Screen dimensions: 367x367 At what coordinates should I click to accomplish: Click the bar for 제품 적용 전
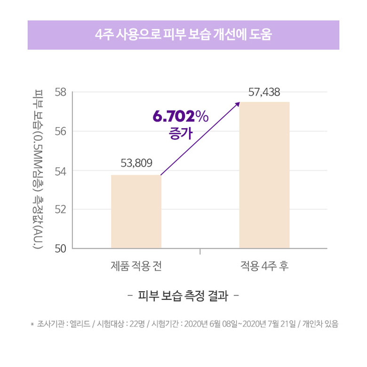136,211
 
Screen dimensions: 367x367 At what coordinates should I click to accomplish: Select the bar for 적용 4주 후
264,174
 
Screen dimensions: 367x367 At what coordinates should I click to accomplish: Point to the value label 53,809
136,163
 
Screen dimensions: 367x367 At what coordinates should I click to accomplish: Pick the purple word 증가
180,134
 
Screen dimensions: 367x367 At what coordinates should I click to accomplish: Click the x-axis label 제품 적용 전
136,266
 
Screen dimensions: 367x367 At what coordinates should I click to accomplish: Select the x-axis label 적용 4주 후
264,266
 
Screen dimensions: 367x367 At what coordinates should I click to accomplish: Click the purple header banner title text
183,35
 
